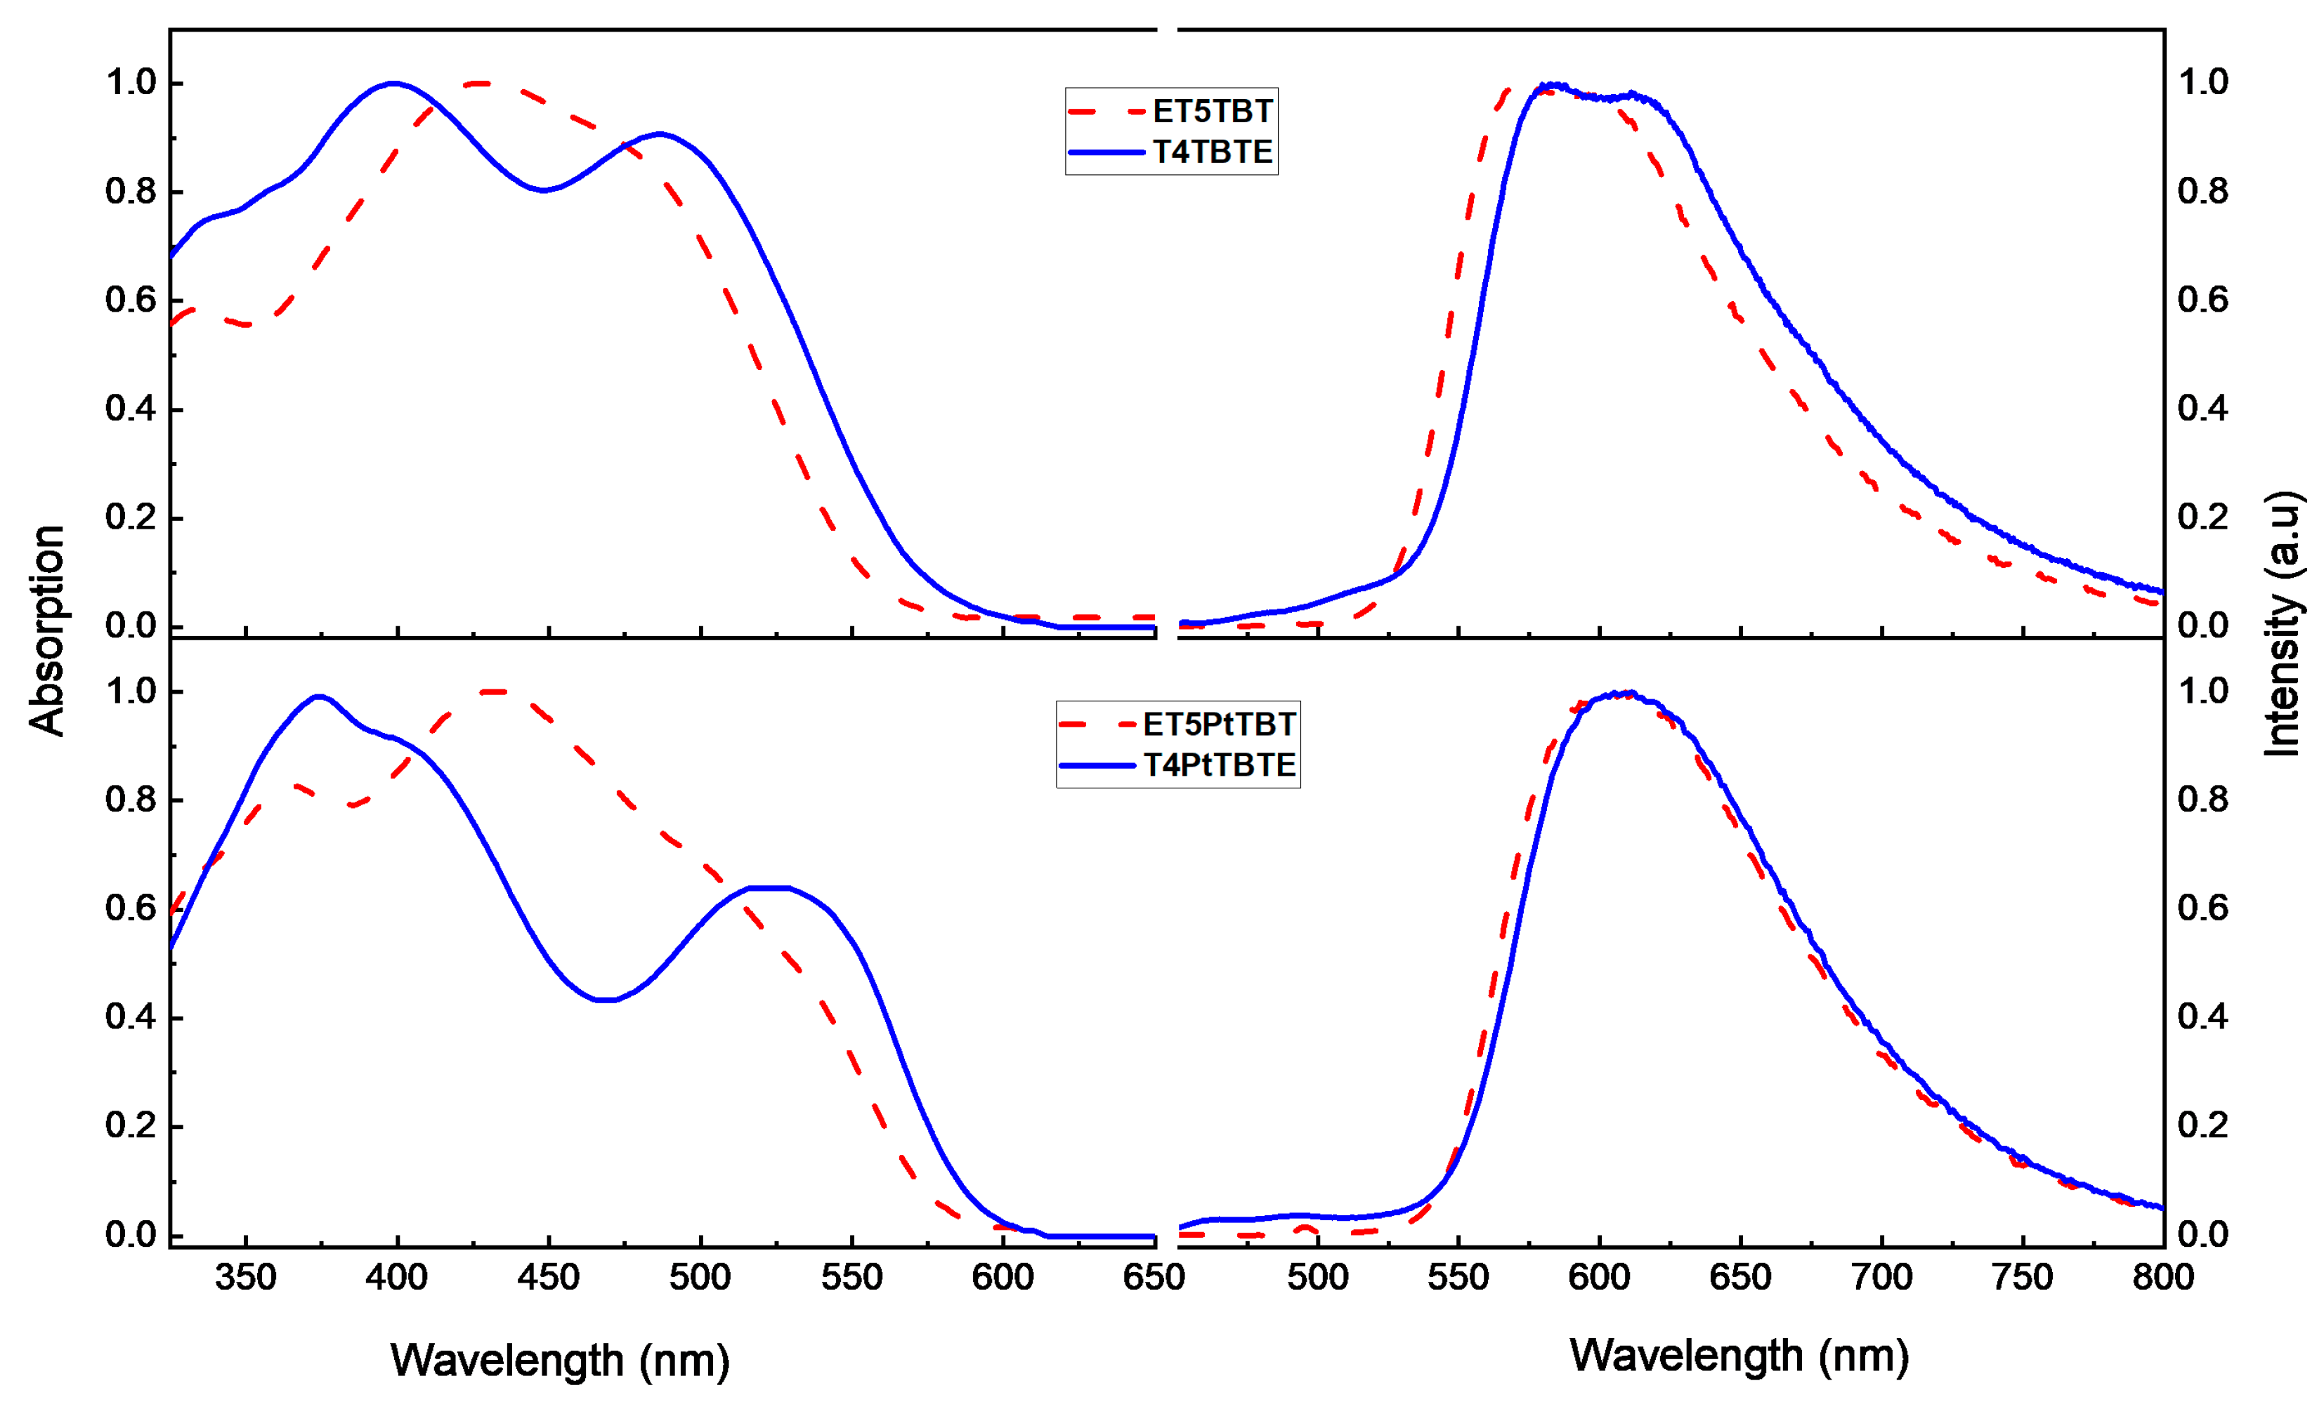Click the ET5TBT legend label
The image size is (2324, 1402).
(x=1212, y=111)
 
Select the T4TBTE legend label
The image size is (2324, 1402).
(x=1212, y=152)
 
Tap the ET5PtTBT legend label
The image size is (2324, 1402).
(x=1219, y=724)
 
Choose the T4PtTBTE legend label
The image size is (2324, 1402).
(x=1219, y=765)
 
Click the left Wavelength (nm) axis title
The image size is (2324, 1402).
(x=559, y=1360)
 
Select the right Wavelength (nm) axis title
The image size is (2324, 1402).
(x=1738, y=1355)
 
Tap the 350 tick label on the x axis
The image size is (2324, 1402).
(x=245, y=1278)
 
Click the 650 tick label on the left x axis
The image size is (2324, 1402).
(x=1153, y=1278)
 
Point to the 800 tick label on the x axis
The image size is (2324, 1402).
(x=2162, y=1278)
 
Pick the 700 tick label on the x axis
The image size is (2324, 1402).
(x=1881, y=1278)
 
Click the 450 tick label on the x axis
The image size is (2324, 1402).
(x=548, y=1278)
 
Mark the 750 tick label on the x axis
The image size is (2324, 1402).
(x=2022, y=1278)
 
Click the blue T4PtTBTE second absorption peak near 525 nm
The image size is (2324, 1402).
(x=769, y=887)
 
